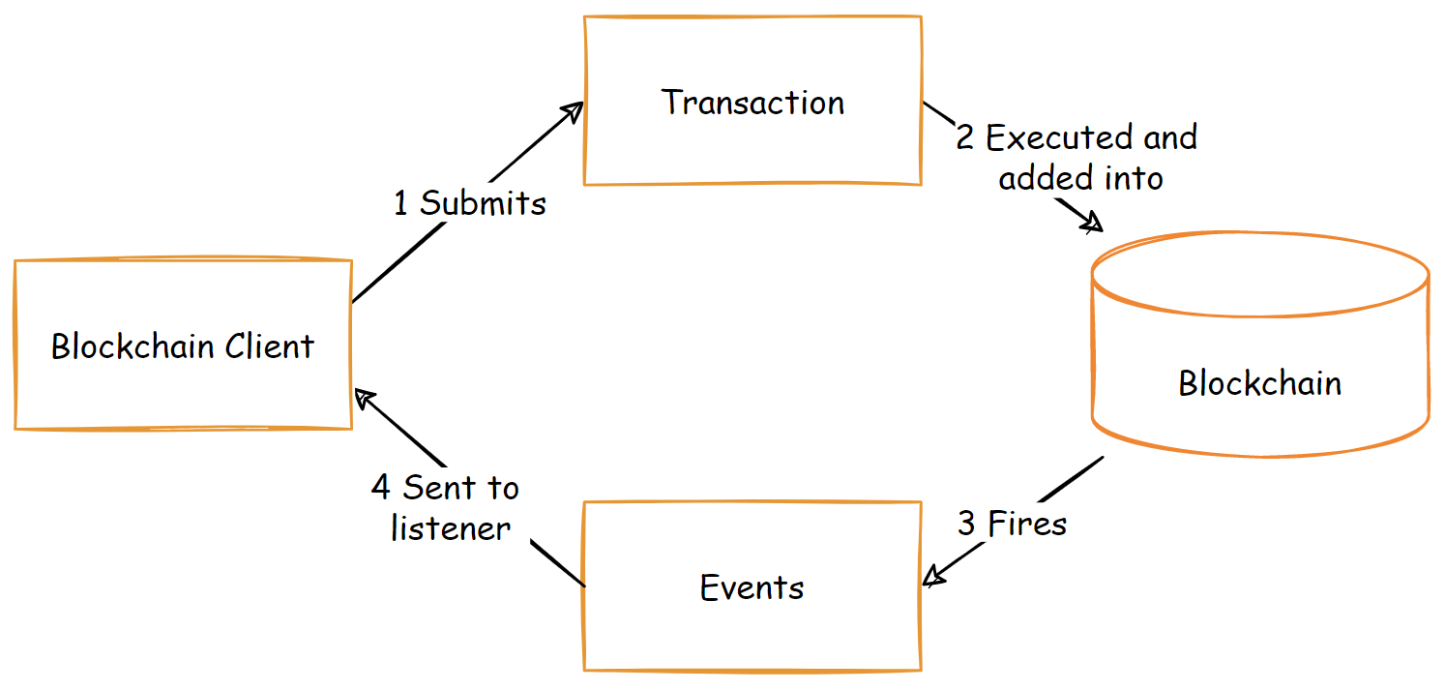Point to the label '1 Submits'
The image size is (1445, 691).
469,204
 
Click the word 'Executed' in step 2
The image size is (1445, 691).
1049,138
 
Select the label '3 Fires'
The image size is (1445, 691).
1012,525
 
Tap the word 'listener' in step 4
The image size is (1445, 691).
450,528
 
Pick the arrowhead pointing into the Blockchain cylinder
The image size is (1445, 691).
1093,225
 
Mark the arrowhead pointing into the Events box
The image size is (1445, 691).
932,579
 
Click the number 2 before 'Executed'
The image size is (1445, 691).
965,138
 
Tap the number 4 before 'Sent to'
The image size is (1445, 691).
381,488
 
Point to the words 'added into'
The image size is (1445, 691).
1080,178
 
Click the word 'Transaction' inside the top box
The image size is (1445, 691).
752,103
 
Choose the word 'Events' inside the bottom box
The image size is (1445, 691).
752,587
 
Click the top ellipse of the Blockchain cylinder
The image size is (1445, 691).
1259,274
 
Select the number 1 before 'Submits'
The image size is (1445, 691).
401,204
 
